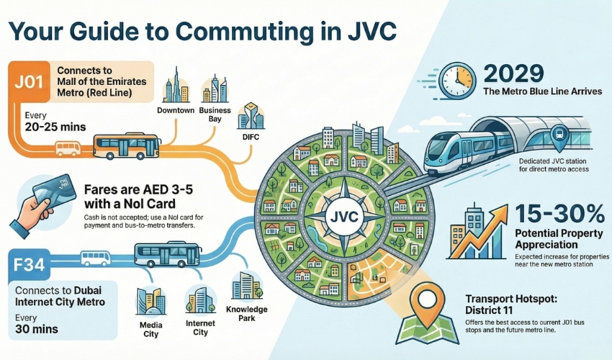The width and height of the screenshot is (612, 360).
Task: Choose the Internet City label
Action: point(199,328)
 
